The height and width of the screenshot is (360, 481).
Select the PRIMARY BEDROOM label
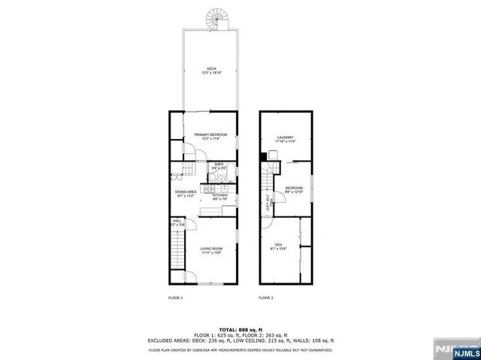pos(210,134)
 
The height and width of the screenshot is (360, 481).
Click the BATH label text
pos(219,164)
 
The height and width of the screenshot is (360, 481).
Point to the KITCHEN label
pos(220,195)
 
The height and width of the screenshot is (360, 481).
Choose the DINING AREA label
pos(186,192)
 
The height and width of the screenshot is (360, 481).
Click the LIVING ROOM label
pos(211,248)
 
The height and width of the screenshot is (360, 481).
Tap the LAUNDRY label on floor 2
pos(285,137)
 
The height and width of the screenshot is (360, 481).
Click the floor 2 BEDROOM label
pos(293,188)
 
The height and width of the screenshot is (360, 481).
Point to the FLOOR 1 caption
pos(175,298)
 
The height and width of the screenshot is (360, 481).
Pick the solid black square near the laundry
pos(263,156)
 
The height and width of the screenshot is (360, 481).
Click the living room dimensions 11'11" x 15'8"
pos(211,253)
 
